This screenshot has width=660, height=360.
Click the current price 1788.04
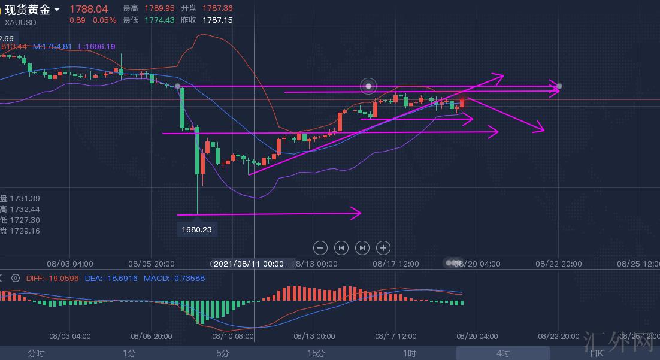pos(89,9)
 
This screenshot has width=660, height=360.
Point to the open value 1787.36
pos(217,8)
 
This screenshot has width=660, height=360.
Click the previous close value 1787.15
pos(217,20)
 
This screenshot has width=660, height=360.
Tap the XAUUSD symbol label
pos(20,22)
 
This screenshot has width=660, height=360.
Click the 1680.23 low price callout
pos(197,229)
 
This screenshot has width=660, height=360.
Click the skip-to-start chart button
pos(341,247)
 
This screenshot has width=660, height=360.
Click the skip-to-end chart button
pos(362,247)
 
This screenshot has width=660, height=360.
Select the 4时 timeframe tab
pos(502,353)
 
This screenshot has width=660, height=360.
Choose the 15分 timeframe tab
pos(316,353)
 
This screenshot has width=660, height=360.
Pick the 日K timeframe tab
pos(597,353)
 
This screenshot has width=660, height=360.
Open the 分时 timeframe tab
pos(36,353)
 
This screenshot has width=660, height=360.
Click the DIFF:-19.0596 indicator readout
pos(53,278)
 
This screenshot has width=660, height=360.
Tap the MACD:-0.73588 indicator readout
pos(174,278)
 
